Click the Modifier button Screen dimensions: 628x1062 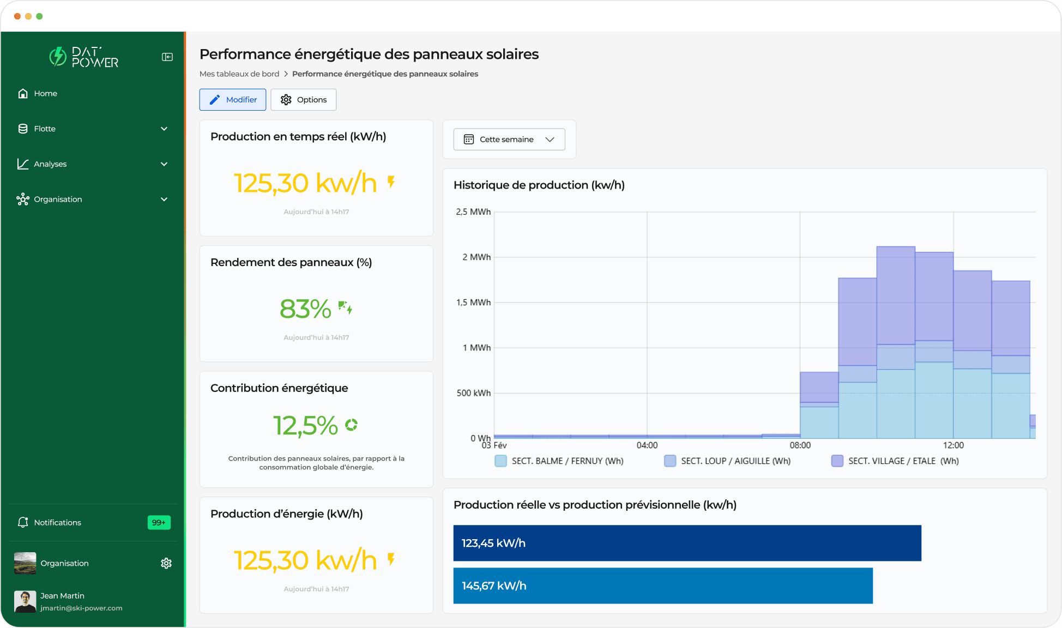tap(233, 100)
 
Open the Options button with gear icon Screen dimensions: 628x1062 tap(303, 100)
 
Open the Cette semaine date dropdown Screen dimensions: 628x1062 tap(509, 140)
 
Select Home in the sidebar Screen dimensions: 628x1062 tap(45, 94)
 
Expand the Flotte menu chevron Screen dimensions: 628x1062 tap(164, 129)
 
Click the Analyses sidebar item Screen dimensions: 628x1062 tap(50, 164)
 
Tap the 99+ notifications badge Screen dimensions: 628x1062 tap(159, 522)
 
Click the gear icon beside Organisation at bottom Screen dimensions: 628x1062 tap(166, 563)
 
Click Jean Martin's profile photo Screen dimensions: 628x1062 tap(25, 601)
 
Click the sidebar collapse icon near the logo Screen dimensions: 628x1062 tap(167, 57)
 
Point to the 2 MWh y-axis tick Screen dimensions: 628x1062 tap(476, 257)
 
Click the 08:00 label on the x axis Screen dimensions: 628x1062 tap(800, 445)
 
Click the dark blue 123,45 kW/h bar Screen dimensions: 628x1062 tap(687, 543)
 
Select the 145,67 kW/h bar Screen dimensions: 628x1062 tap(662, 585)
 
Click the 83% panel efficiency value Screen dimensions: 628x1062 tap(305, 309)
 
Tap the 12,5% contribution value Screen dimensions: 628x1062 tap(305, 426)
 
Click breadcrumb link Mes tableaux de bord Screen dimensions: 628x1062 tap(239, 74)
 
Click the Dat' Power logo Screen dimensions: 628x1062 tap(85, 57)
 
